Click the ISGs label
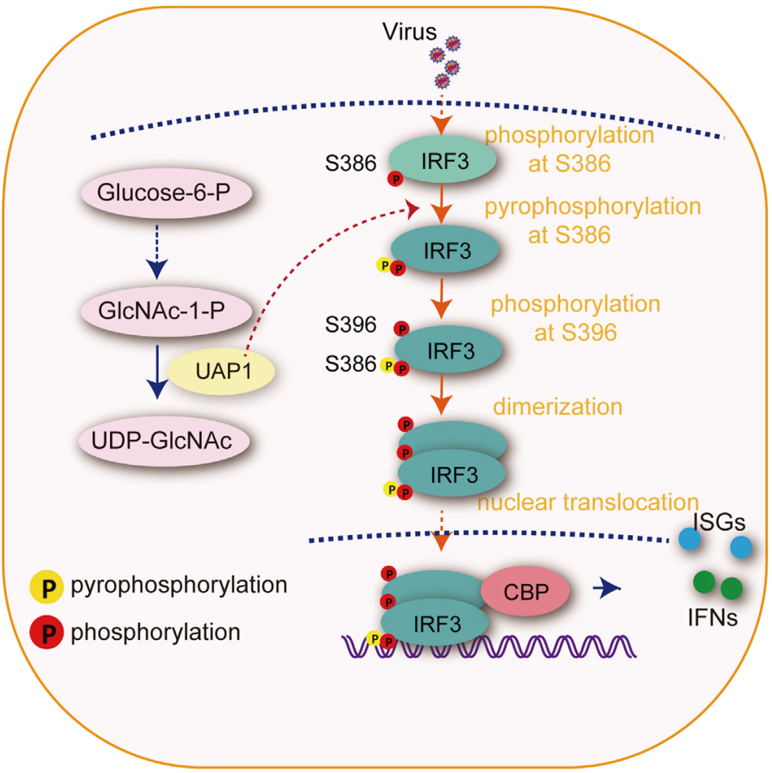coord(715,522)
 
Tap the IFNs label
coord(712,616)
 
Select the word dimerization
coord(557,405)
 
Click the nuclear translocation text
coord(588,502)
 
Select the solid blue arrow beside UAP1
coord(156,370)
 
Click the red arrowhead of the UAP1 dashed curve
coord(413,208)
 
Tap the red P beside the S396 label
coord(400,329)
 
